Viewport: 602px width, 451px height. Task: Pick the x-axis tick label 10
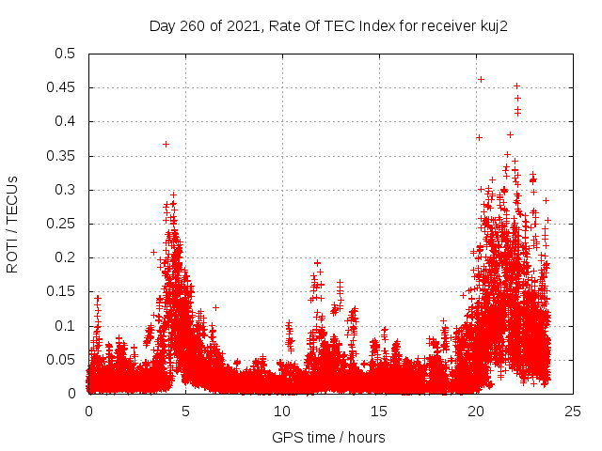tap(282, 412)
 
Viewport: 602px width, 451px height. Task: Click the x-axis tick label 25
tap(573, 412)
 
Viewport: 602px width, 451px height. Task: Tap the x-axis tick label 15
tap(379, 412)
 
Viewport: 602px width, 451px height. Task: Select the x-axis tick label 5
tap(185, 412)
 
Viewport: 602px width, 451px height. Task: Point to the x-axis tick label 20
tap(476, 412)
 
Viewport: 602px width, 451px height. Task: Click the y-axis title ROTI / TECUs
tap(13, 224)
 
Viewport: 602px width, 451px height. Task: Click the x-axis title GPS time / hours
tap(328, 437)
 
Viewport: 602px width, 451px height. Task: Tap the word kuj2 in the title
tap(491, 25)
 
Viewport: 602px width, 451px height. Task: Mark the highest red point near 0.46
tap(482, 79)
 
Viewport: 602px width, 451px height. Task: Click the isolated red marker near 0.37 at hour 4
tap(166, 144)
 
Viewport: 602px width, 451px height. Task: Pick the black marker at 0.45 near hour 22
tap(516, 86)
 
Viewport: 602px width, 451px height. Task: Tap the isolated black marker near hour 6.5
tap(215, 307)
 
